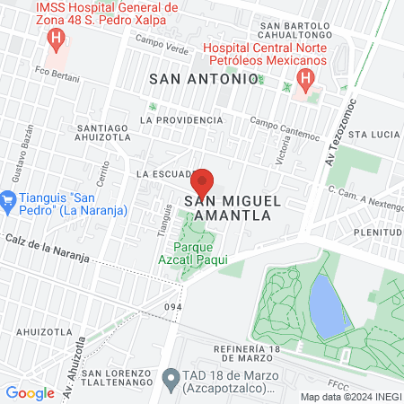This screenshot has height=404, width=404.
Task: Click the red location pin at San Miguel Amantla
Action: (x=202, y=182)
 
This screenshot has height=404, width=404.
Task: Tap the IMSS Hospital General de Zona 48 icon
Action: (x=57, y=40)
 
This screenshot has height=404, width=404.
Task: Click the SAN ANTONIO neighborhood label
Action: (x=203, y=79)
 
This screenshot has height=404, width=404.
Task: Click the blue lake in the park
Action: (x=327, y=303)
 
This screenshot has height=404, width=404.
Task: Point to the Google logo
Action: (x=30, y=392)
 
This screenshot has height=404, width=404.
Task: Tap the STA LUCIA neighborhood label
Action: (x=373, y=134)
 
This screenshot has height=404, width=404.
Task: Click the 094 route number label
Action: (x=173, y=307)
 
